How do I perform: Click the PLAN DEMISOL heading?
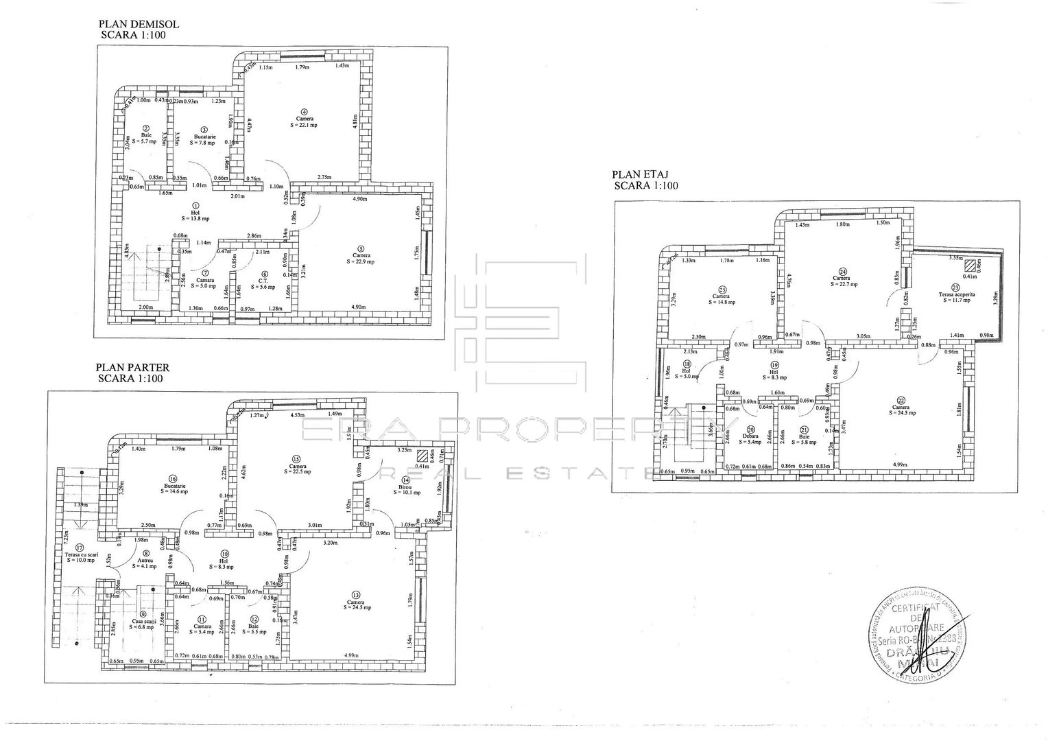pyautogui.click(x=139, y=24)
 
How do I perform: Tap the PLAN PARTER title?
pyautogui.click(x=133, y=367)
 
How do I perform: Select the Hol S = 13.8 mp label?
pyautogui.click(x=195, y=215)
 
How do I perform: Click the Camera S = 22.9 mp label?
pyautogui.click(x=361, y=258)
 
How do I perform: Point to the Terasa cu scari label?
pyautogui.click(x=80, y=556)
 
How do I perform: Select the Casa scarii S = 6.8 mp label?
pyautogui.click(x=143, y=624)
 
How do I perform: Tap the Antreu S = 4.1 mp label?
pyautogui.click(x=145, y=562)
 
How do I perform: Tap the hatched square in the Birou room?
pyautogui.click(x=421, y=454)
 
